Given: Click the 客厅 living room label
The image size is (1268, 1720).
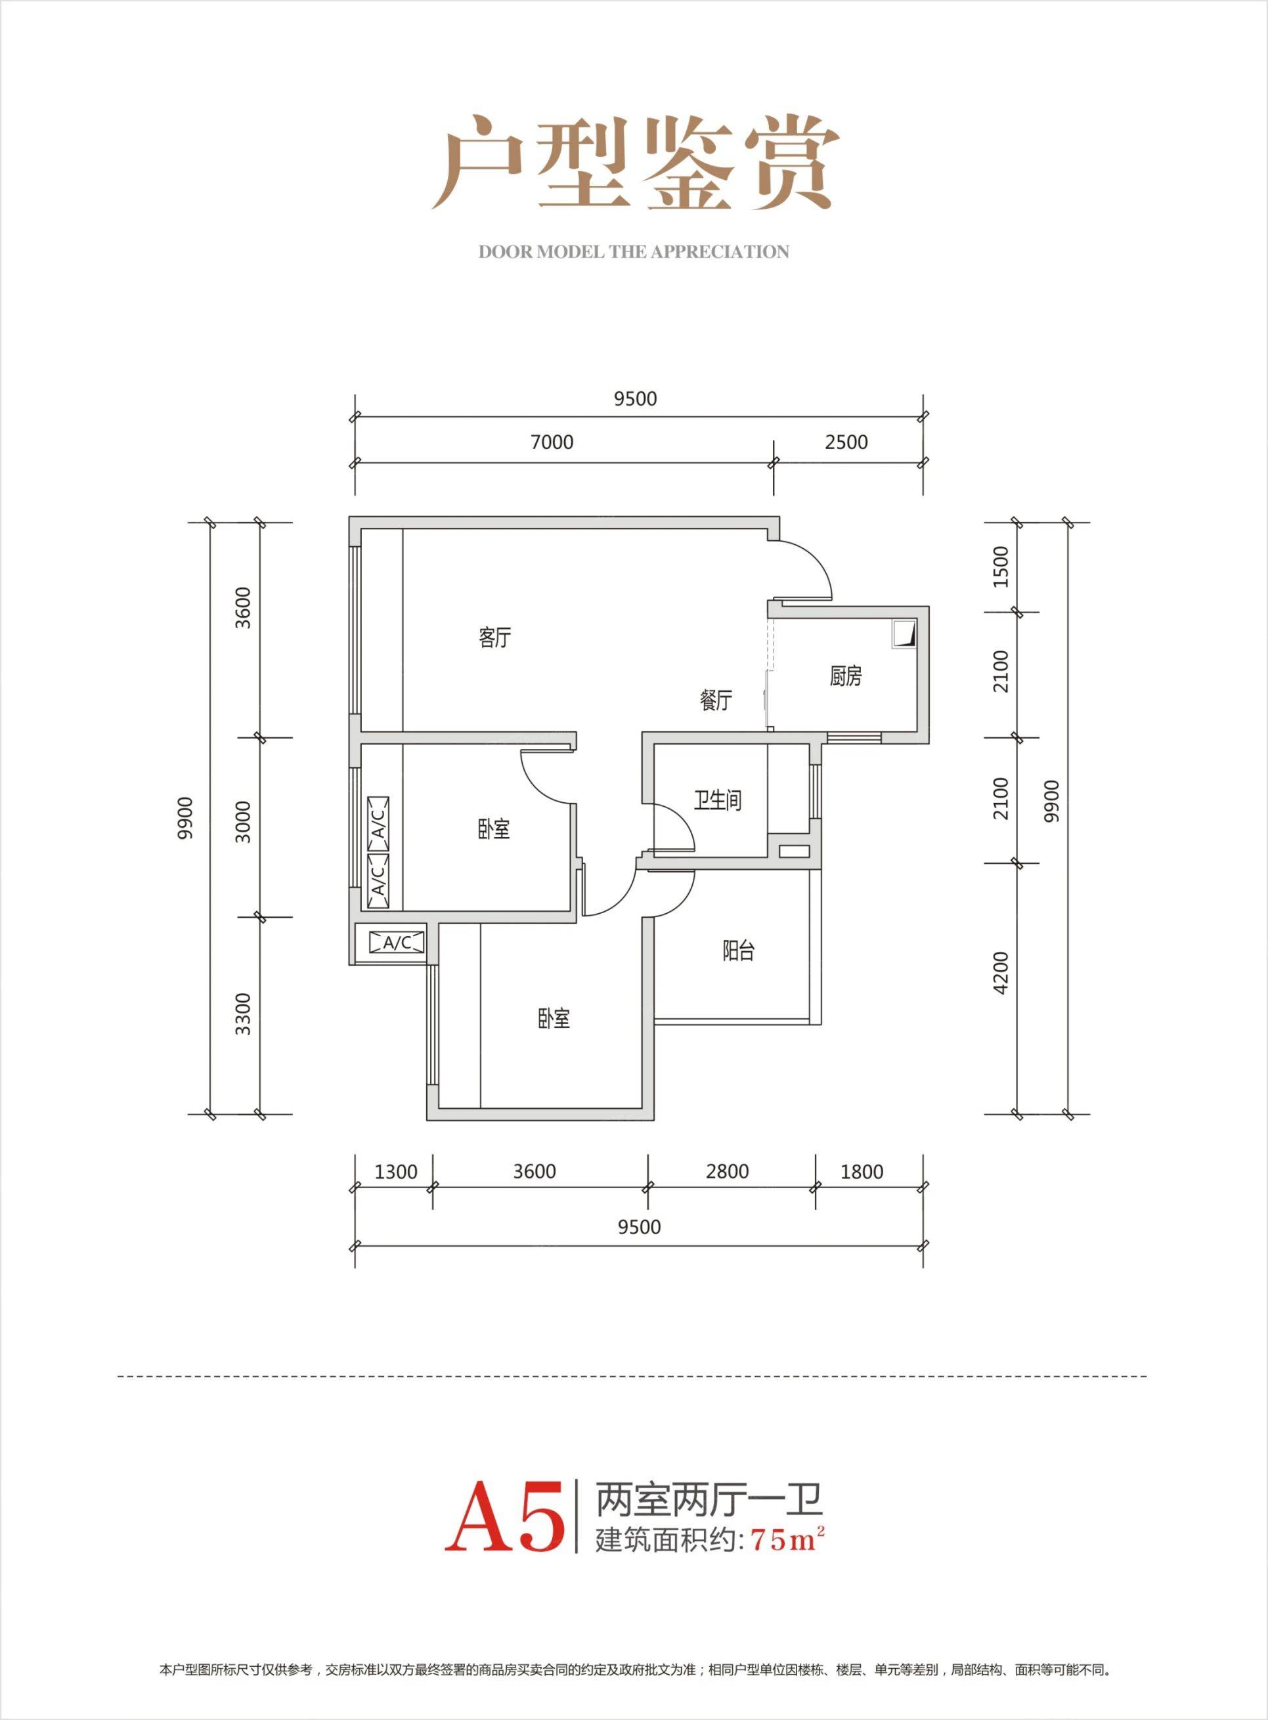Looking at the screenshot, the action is (x=495, y=638).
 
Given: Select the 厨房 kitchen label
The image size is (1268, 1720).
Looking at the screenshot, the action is (x=845, y=677).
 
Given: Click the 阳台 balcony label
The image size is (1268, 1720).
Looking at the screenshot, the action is (x=738, y=951).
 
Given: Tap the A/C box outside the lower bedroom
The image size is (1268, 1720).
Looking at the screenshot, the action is (x=396, y=942).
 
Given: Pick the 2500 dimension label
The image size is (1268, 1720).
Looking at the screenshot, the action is (x=847, y=442).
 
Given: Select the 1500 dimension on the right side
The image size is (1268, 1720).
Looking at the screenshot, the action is (x=999, y=567).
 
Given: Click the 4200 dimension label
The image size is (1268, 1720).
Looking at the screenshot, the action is (x=999, y=974).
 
